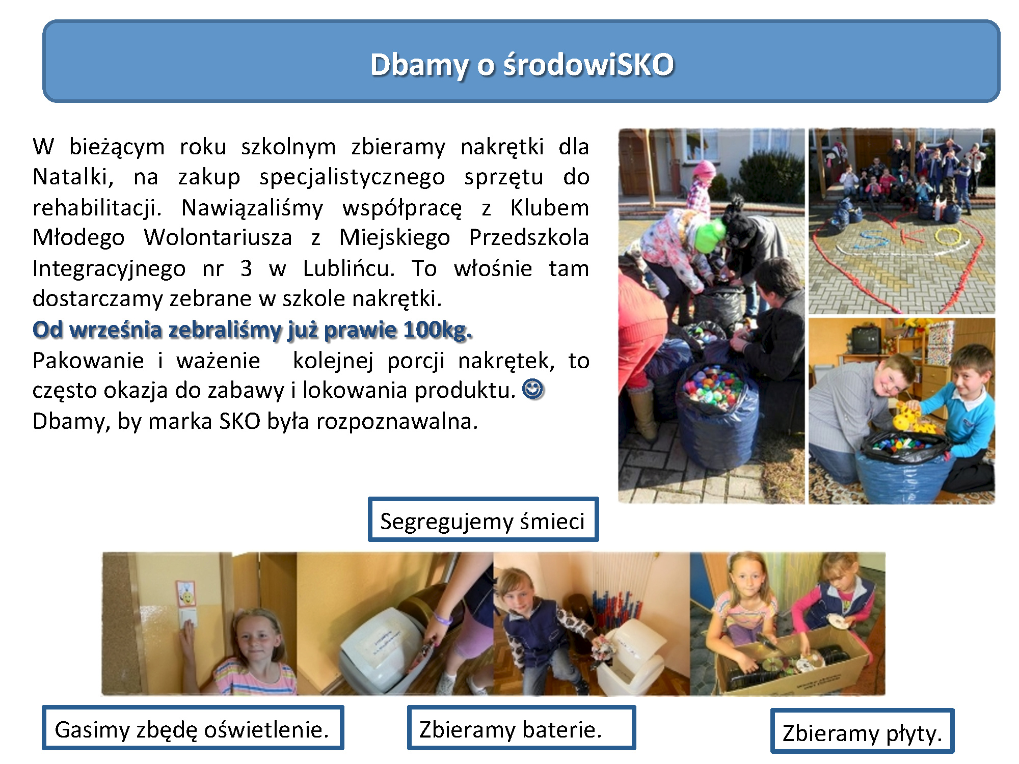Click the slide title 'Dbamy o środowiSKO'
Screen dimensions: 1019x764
(x=522, y=65)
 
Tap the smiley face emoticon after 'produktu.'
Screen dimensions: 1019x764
(x=533, y=390)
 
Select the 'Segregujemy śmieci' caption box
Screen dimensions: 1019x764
(x=483, y=520)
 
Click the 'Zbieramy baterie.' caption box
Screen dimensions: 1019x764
(x=521, y=728)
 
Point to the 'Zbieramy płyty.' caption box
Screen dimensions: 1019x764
(x=862, y=731)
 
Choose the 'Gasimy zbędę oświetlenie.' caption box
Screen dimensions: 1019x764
(x=193, y=728)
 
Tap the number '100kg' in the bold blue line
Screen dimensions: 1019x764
(x=437, y=330)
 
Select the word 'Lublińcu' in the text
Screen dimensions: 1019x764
(x=348, y=268)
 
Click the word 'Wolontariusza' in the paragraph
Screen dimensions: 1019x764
(x=218, y=238)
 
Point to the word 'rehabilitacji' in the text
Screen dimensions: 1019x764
(x=97, y=208)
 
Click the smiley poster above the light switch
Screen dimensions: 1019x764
(x=186, y=593)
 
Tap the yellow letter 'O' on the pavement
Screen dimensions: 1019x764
(x=948, y=237)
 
